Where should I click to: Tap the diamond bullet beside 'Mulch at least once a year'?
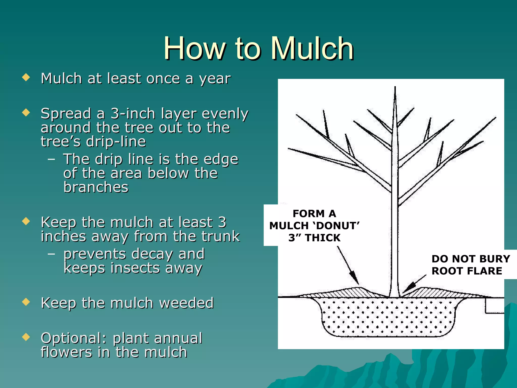click(x=26, y=77)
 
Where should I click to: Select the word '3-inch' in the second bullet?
click(x=133, y=113)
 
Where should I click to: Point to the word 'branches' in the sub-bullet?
click(x=96, y=187)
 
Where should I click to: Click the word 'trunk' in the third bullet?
click(x=220, y=236)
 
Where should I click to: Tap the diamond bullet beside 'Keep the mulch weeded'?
click(x=26, y=302)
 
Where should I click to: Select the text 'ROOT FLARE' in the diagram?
click(x=467, y=271)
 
